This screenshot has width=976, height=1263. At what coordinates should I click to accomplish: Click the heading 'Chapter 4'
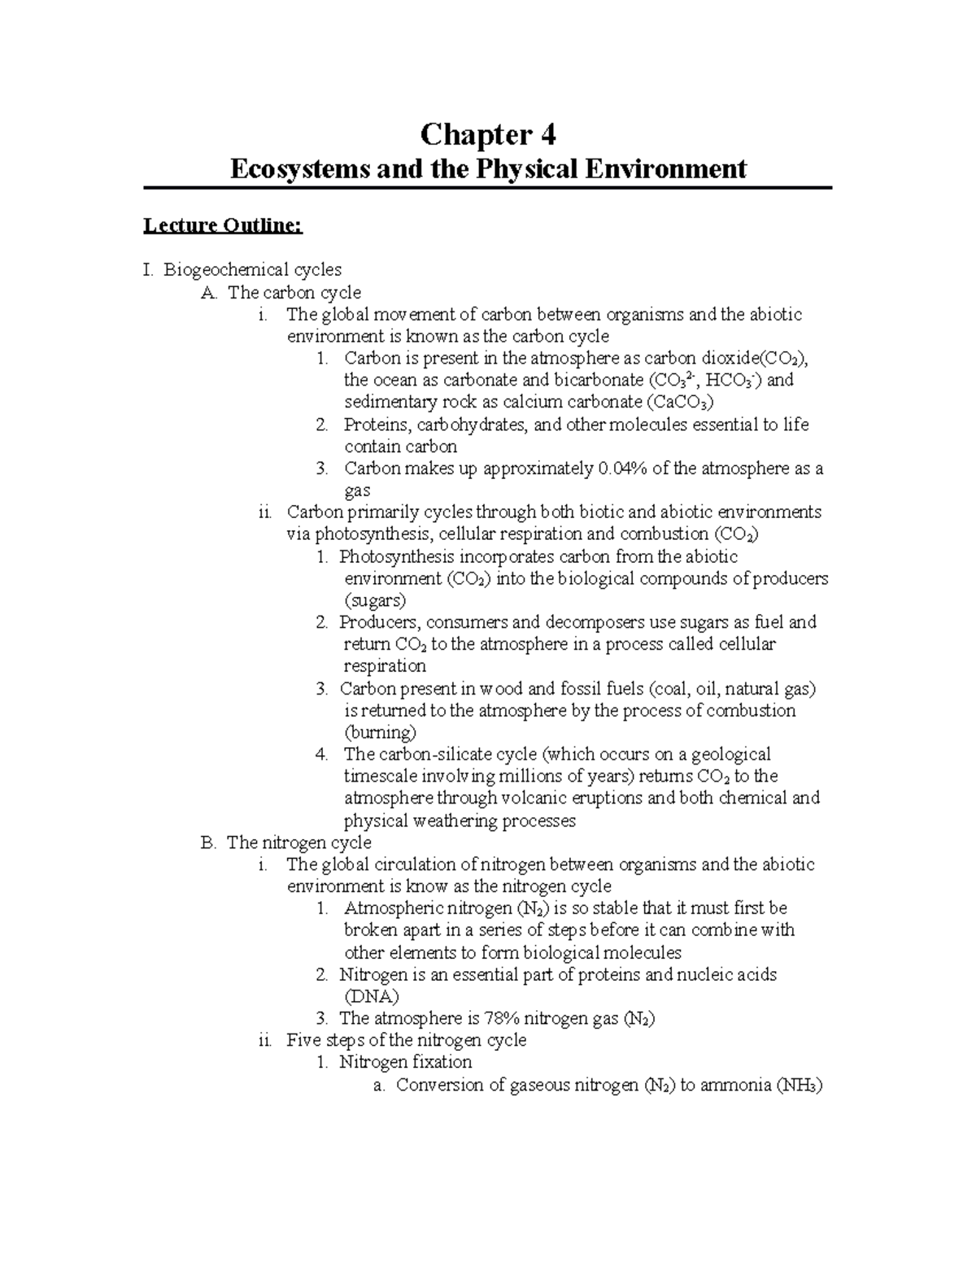click(487, 134)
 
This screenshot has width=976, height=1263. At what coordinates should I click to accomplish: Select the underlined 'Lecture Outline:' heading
click(223, 225)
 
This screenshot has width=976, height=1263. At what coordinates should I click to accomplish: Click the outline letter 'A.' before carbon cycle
click(209, 292)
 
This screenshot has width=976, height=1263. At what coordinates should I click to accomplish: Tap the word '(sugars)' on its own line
click(375, 601)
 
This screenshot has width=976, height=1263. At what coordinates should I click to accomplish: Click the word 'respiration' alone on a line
click(385, 666)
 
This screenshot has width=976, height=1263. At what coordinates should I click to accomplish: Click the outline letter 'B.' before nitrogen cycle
click(209, 843)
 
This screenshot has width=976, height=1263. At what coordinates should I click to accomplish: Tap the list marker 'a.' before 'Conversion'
click(377, 1085)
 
